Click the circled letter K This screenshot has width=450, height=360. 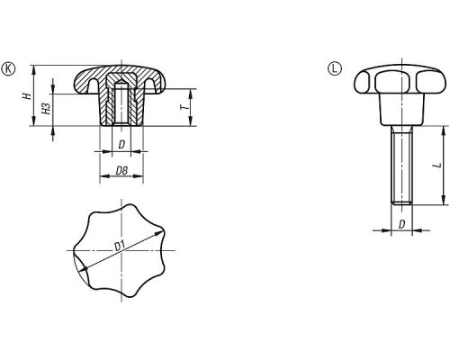pos(8,69)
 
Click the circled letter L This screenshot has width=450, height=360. pos(335,68)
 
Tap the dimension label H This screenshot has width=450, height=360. pos(28,96)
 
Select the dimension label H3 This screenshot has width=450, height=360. pos(46,109)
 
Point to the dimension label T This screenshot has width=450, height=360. pos(184,107)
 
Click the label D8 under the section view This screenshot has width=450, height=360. pos(121,171)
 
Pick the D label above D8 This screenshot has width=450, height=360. pos(121,145)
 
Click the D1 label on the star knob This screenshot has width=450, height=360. pos(120,246)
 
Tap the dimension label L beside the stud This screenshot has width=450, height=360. pos(438,166)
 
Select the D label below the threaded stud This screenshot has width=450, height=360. pos(402,224)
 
